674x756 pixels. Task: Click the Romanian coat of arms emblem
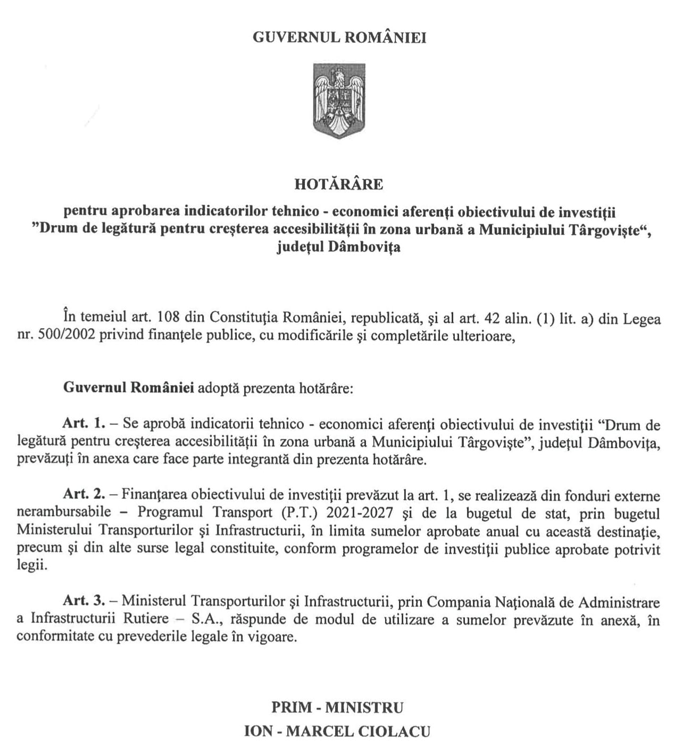[x=338, y=101]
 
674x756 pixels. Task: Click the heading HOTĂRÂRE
[x=338, y=184]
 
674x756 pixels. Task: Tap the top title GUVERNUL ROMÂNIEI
[x=339, y=38]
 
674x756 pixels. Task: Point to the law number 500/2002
[x=67, y=336]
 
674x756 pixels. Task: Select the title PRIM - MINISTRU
[x=337, y=707]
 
